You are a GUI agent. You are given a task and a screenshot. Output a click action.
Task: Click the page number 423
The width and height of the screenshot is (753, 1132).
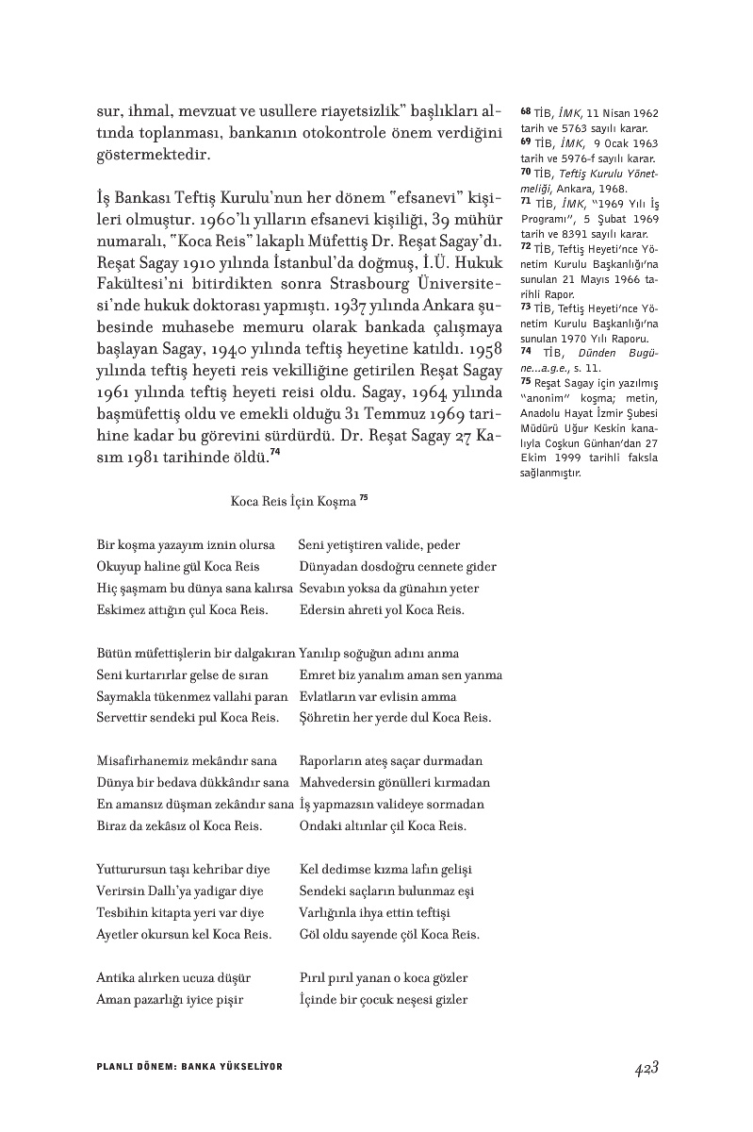coord(645,1068)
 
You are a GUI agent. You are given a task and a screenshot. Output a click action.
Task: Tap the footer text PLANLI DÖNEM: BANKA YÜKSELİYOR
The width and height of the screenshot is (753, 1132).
coord(189,1066)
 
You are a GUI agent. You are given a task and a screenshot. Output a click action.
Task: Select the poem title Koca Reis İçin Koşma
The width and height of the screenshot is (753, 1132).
coord(292,502)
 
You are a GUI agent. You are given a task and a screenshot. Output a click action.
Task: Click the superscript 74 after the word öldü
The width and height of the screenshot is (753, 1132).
coord(275,451)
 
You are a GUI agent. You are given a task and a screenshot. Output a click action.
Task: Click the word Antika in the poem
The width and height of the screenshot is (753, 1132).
coord(116,978)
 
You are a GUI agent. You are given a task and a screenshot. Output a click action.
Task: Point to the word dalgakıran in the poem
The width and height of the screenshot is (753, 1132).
coord(262,654)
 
